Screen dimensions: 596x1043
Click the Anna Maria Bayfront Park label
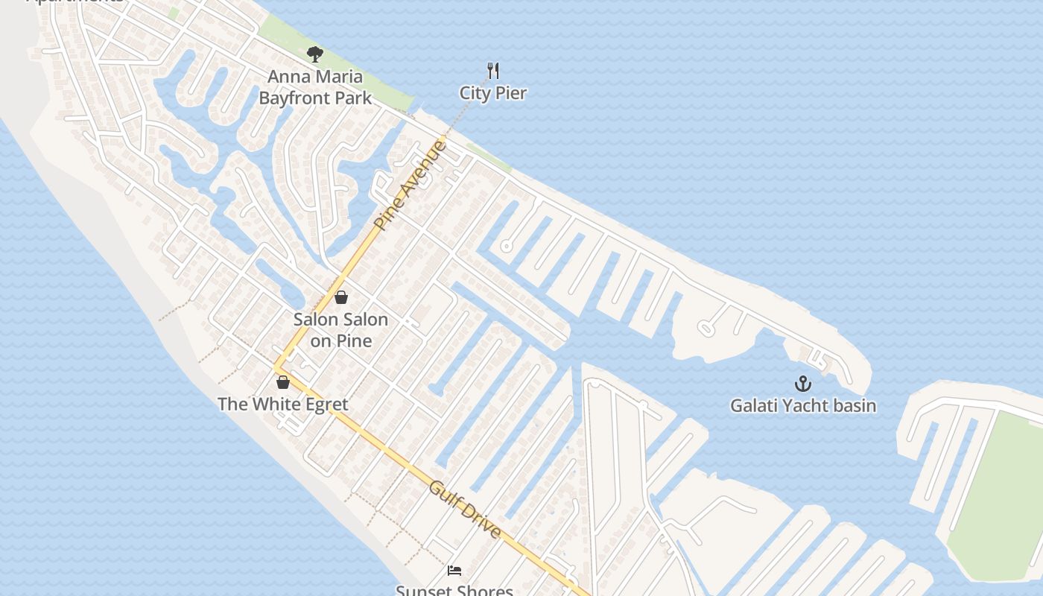[315, 86]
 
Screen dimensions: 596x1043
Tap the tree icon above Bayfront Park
[315, 54]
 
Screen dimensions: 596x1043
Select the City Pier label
[493, 93]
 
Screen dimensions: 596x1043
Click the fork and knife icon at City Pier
[492, 71]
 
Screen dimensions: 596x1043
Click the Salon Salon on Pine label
[340, 329]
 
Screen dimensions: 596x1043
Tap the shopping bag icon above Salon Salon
[341, 297]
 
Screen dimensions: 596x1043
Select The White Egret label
[282, 404]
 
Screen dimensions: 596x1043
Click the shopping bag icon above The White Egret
[283, 382]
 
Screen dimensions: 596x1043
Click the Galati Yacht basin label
[802, 406]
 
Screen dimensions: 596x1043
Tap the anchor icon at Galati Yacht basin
[802, 384]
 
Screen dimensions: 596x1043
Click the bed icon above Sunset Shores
[454, 571]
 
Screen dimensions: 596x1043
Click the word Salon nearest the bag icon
[316, 320]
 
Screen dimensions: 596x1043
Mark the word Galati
[752, 406]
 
